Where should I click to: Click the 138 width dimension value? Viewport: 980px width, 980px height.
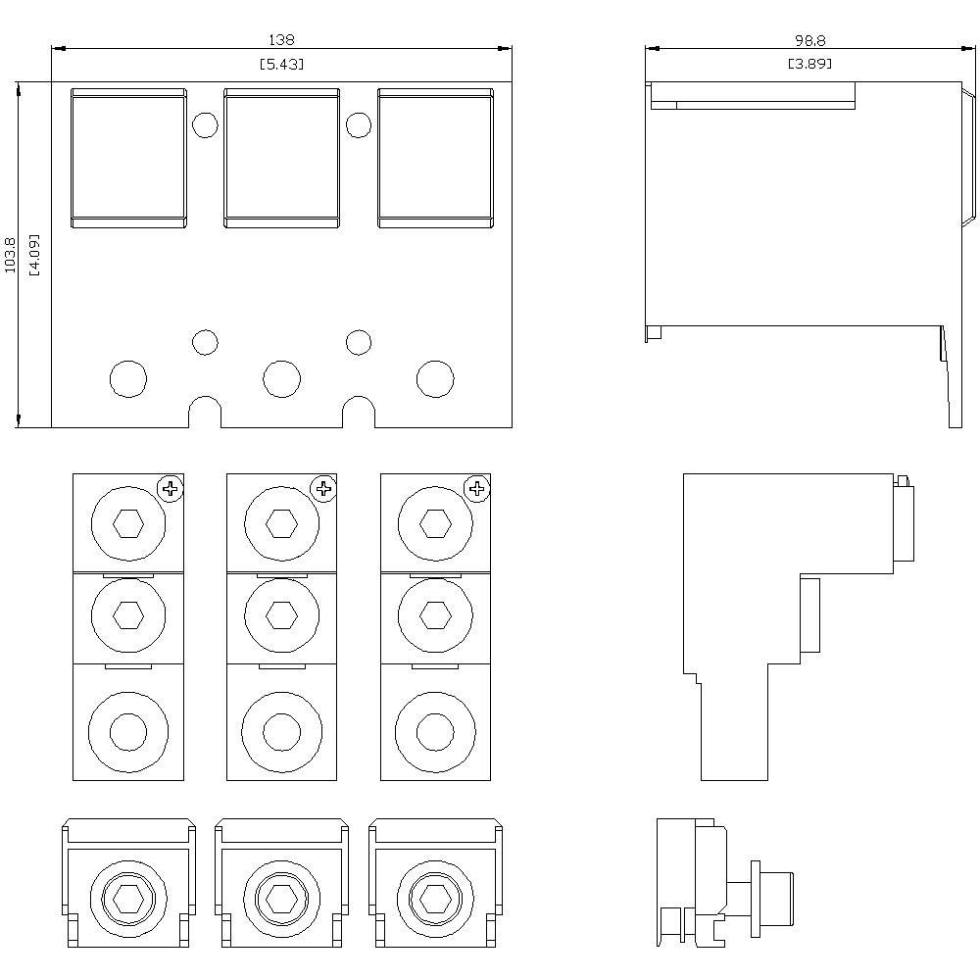coord(281,40)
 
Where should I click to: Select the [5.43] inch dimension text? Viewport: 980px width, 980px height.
coord(281,64)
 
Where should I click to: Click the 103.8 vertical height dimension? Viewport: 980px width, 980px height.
coord(11,255)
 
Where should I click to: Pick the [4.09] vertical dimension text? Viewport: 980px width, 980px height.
coord(34,255)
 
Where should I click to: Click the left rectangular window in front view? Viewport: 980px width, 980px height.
coord(128,158)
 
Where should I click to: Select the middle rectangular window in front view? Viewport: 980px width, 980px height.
coord(281,158)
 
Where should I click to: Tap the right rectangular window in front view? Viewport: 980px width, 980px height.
coord(434,158)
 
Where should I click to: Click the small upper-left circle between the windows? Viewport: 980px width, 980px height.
coord(205,125)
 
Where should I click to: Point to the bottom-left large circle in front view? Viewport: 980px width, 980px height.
coord(128,378)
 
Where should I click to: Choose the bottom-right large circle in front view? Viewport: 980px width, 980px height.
coord(435,378)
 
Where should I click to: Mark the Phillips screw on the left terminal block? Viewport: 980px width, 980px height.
coord(171,487)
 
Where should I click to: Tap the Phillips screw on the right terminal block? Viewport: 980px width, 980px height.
coord(477,487)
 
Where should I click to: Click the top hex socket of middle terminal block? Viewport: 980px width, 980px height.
coord(282,524)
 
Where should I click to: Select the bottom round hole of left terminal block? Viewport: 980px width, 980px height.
coord(127,731)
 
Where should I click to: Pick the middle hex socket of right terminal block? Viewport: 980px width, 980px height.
coord(435,614)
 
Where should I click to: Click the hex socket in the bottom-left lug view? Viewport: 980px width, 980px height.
coord(127,897)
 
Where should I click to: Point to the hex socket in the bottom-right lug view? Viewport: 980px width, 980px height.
coord(434,897)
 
